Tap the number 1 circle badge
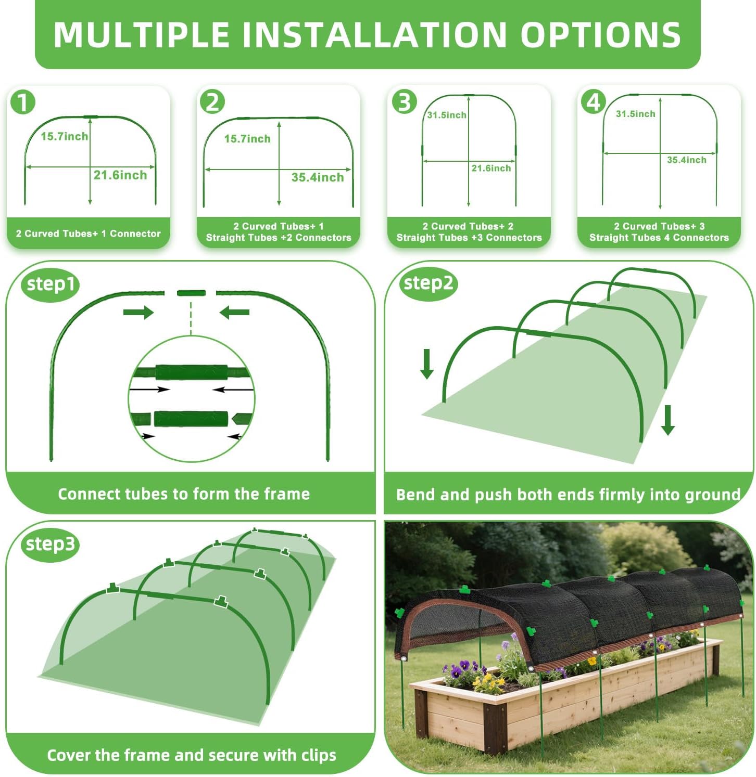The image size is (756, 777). pyautogui.click(x=22, y=102)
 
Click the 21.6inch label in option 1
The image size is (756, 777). pyautogui.click(x=120, y=175)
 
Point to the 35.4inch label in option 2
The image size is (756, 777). pyautogui.click(x=318, y=177)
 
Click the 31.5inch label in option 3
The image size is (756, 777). pyautogui.click(x=447, y=115)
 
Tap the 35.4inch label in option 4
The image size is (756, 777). pyautogui.click(x=687, y=160)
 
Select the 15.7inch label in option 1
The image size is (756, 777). pyautogui.click(x=65, y=136)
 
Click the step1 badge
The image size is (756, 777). pyautogui.click(x=51, y=284)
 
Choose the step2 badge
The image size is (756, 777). pyautogui.click(x=428, y=283)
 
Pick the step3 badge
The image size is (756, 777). pyautogui.click(x=51, y=545)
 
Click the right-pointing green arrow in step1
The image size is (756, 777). pyautogui.click(x=138, y=312)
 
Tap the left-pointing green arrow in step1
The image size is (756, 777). pyautogui.click(x=234, y=312)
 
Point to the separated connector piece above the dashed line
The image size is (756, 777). pyautogui.click(x=191, y=293)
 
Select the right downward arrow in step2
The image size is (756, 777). pyautogui.click(x=668, y=420)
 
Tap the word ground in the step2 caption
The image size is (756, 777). pyautogui.click(x=713, y=495)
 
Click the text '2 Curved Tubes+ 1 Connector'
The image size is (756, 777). pyautogui.click(x=89, y=234)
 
